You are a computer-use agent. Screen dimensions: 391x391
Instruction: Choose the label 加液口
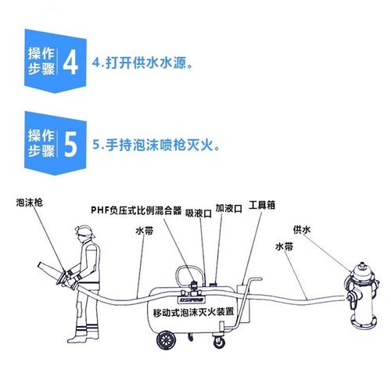(229, 210)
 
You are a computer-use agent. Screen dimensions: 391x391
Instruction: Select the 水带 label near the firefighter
(144, 231)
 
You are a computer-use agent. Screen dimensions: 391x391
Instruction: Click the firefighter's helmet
(84, 232)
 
